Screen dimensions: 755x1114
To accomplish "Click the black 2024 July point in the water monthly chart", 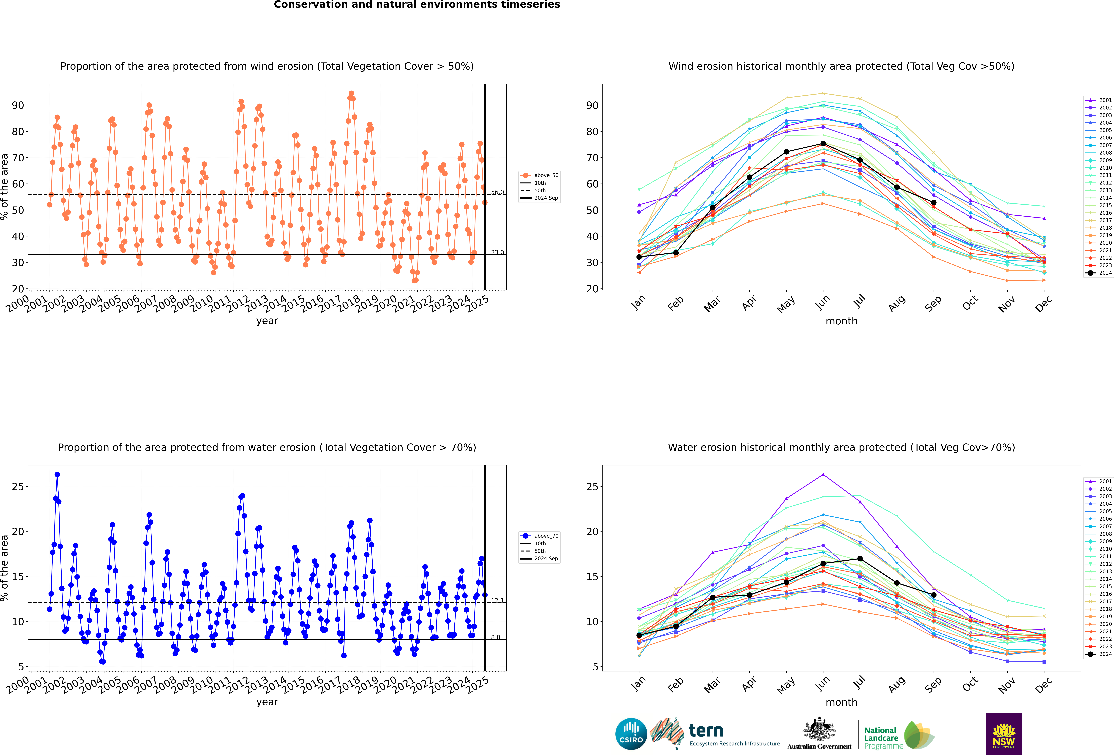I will coord(860,558).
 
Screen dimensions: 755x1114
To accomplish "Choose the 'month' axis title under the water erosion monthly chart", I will coord(841,702).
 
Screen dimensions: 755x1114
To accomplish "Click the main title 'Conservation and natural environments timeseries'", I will coord(417,5).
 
